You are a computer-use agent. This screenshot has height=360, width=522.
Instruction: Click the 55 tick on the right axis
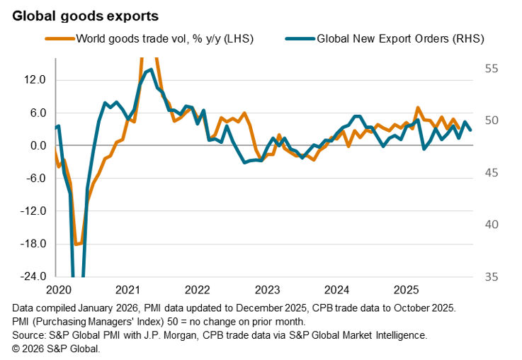click(x=492, y=69)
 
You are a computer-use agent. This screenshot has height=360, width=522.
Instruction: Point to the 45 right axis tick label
click(x=492, y=173)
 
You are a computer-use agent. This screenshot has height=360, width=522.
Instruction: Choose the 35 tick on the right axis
click(x=492, y=276)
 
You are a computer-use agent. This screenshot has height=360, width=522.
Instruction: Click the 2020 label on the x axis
click(x=58, y=290)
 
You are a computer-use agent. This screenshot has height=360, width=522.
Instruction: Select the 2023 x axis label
click(x=267, y=290)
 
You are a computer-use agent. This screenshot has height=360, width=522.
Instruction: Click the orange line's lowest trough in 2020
click(x=76, y=244)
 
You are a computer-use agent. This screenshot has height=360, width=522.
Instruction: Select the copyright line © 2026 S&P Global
click(x=57, y=348)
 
